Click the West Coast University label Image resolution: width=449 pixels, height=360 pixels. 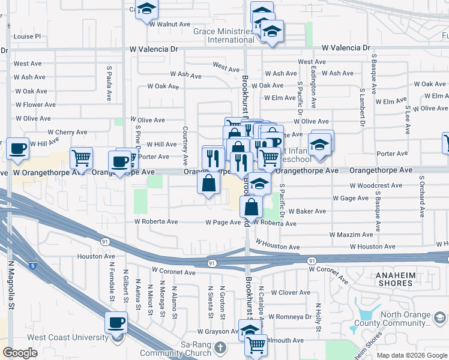click(x=68, y=337)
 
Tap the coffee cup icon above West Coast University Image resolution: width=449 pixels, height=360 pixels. click(x=116, y=323)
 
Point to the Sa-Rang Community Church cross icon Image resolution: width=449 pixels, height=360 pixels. click(x=220, y=347)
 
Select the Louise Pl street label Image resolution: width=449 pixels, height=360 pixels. click(x=27, y=36)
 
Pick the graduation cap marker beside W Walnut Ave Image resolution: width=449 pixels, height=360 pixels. click(x=146, y=10)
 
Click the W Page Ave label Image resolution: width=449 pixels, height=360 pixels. click(x=223, y=222)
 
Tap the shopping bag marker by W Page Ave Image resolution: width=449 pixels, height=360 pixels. click(x=251, y=208)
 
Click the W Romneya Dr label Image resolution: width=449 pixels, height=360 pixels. click(x=289, y=316)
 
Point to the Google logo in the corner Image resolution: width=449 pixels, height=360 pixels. click(x=20, y=353)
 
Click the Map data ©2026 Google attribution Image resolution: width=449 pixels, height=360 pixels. click(x=411, y=355)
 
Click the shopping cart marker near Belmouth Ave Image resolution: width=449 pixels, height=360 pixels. click(x=256, y=345)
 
